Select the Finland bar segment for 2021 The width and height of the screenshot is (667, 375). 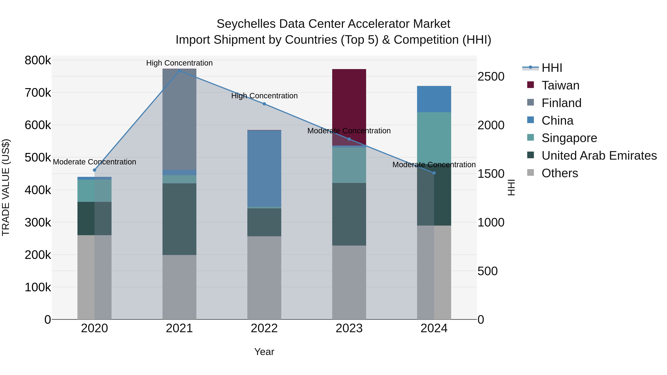pyautogui.click(x=179, y=119)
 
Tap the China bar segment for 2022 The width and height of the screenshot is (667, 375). pyautogui.click(x=264, y=168)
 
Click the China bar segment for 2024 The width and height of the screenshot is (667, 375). pyautogui.click(x=434, y=99)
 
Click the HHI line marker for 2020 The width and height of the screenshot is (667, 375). pyautogui.click(x=94, y=170)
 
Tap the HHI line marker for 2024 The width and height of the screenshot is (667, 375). pyautogui.click(x=434, y=173)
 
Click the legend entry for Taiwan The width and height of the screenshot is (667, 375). pyautogui.click(x=560, y=85)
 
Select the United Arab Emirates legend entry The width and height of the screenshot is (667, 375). pyautogui.click(x=599, y=156)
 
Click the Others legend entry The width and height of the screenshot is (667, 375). pyautogui.click(x=560, y=173)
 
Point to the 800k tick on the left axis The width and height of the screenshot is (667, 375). pyautogui.click(x=38, y=60)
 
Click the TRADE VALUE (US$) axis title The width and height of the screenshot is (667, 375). pyautogui.click(x=6, y=187)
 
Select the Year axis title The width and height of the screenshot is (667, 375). pyautogui.click(x=264, y=352)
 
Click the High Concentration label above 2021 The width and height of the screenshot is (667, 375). pyautogui.click(x=179, y=63)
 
